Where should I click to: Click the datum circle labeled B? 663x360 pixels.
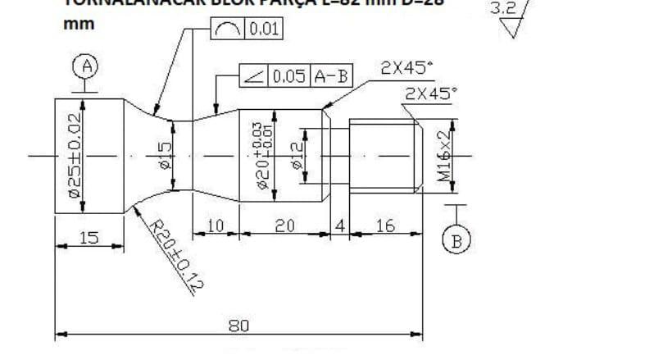(457, 239)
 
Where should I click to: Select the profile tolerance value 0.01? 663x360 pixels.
(264, 31)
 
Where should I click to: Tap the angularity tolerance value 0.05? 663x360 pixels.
(289, 76)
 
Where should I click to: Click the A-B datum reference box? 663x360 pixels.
(330, 76)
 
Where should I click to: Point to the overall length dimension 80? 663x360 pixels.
(238, 326)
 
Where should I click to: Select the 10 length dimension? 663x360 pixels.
(216, 226)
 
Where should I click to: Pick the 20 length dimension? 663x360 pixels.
(284, 226)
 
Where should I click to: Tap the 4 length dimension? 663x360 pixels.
(339, 226)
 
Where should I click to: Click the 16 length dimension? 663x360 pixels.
(384, 226)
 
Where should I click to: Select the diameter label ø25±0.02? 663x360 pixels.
(73, 156)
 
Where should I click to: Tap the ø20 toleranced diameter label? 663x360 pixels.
(261, 155)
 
